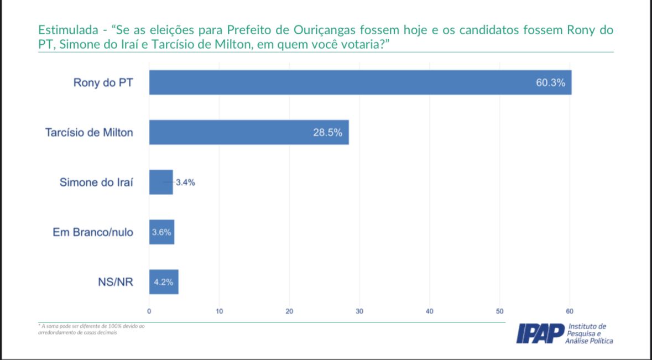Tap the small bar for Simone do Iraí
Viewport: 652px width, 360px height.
160,182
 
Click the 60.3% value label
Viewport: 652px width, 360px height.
550,83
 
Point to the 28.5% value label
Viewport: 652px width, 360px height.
327,133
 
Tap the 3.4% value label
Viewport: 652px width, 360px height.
185,183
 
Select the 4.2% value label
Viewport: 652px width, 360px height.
163,282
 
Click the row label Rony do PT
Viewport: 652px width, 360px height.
103,83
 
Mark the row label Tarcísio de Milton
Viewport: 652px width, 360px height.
89,133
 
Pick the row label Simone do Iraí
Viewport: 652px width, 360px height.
96,182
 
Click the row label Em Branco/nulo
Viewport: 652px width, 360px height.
93,232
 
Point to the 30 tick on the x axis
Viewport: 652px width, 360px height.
359,311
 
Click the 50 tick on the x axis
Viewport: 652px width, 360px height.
499,311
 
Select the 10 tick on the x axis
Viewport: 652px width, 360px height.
220,311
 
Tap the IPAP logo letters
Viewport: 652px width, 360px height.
540,333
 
